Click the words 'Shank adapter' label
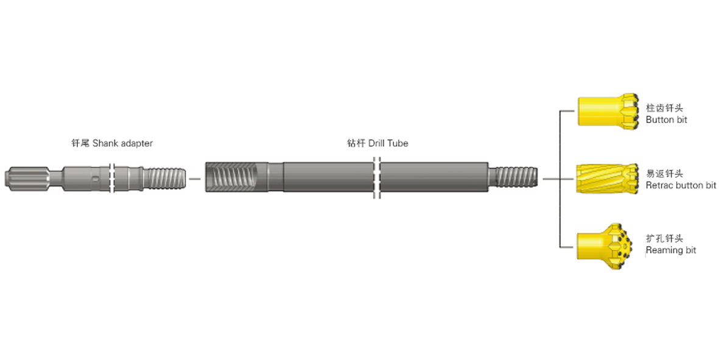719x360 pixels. point(122,143)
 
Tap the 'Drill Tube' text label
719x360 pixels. point(388,143)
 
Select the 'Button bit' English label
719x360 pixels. point(666,119)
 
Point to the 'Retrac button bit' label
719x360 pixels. point(681,185)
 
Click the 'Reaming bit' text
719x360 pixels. point(671,250)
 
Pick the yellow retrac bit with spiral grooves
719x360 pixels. point(608,178)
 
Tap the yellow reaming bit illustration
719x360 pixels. point(605,247)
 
